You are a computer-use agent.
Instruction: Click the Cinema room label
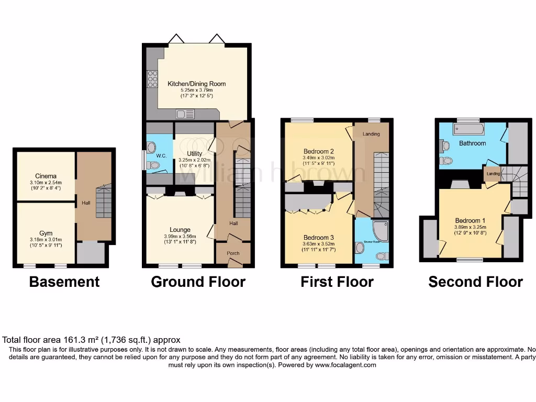click(x=46, y=176)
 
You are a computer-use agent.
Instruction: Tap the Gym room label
click(x=46, y=233)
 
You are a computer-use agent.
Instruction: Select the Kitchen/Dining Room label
click(x=197, y=84)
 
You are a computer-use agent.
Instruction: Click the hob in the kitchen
click(x=153, y=78)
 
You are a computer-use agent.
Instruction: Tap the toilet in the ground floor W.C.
click(x=154, y=165)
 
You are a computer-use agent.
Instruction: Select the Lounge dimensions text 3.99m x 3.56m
click(x=180, y=236)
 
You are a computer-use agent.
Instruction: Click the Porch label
click(x=233, y=254)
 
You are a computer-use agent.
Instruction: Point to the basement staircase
click(x=104, y=202)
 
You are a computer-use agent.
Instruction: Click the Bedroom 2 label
click(x=318, y=151)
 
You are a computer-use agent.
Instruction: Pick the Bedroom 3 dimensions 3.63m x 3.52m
click(x=318, y=244)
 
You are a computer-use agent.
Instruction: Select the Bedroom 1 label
click(x=470, y=220)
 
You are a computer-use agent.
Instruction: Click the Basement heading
click(x=64, y=282)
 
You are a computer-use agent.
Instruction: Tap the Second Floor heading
click(x=475, y=282)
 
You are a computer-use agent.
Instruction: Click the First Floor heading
click(x=337, y=282)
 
